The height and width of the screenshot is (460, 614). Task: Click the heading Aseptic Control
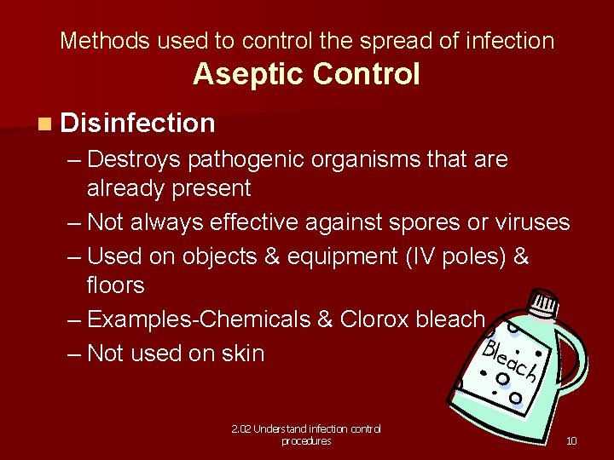tap(306, 74)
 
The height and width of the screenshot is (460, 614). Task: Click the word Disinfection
tap(138, 124)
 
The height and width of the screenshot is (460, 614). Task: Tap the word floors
tap(115, 285)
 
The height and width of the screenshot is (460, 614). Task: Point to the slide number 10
tap(571, 440)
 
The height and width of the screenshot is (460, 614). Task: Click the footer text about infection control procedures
tap(306, 434)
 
